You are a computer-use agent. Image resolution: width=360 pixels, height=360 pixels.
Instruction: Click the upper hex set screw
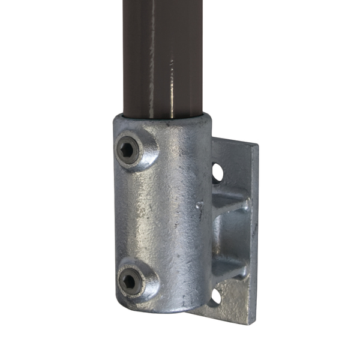128,151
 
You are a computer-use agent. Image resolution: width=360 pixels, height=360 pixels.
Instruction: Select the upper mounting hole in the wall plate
217,173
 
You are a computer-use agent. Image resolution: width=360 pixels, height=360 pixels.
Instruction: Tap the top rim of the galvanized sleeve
162,117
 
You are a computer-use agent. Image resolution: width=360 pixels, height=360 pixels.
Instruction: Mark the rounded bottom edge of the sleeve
162,311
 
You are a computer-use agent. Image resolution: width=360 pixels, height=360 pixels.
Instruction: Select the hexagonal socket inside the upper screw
127,150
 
